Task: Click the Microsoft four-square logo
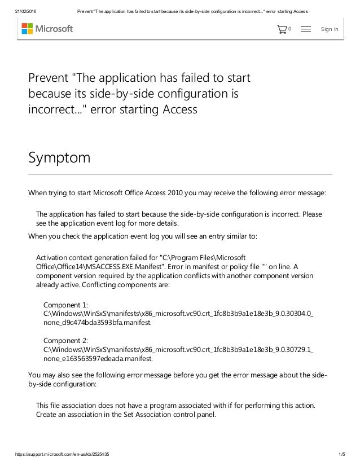click(27, 29)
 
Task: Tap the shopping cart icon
click(282, 29)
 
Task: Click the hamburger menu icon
click(306, 29)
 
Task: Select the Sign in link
click(329, 29)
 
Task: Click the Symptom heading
click(59, 156)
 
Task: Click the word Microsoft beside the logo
click(55, 29)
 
